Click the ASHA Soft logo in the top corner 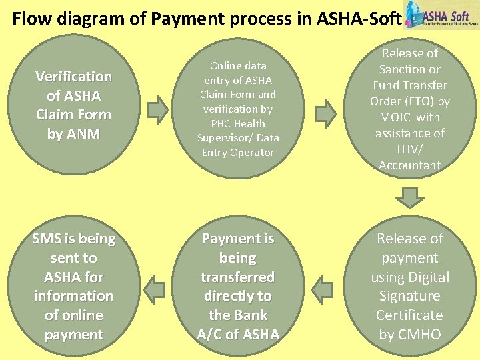click(441, 16)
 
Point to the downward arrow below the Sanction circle click(409, 197)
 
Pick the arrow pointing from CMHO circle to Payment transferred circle click(323, 289)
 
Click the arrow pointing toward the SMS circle click(155, 289)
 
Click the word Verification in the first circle click(73, 77)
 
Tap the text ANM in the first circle click(83, 134)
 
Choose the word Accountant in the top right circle click(409, 165)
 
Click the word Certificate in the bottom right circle click(409, 315)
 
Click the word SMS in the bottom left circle click(48, 239)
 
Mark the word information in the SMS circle click(73, 296)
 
